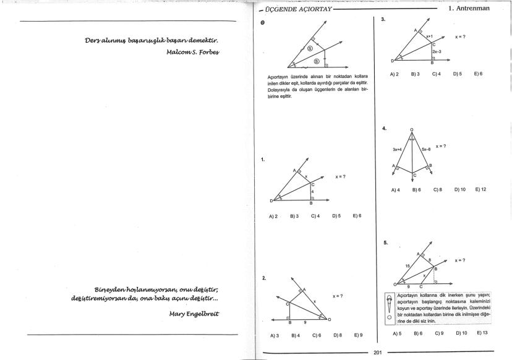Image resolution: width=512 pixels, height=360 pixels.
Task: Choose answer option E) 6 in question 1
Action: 357,216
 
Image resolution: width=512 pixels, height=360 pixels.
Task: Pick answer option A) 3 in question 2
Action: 275,335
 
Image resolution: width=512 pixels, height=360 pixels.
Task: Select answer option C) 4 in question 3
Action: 436,74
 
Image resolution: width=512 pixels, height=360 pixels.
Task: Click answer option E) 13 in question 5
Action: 482,333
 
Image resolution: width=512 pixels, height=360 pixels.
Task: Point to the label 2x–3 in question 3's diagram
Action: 437,52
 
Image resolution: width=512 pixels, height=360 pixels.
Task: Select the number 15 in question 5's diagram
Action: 407,265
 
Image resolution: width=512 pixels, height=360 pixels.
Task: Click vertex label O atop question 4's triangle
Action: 412,130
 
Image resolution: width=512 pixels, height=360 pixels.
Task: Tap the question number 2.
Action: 264,278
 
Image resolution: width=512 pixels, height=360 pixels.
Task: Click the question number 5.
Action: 386,242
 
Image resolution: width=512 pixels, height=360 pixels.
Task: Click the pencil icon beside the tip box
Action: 389,304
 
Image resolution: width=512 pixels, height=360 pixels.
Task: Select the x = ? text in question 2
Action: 338,296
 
